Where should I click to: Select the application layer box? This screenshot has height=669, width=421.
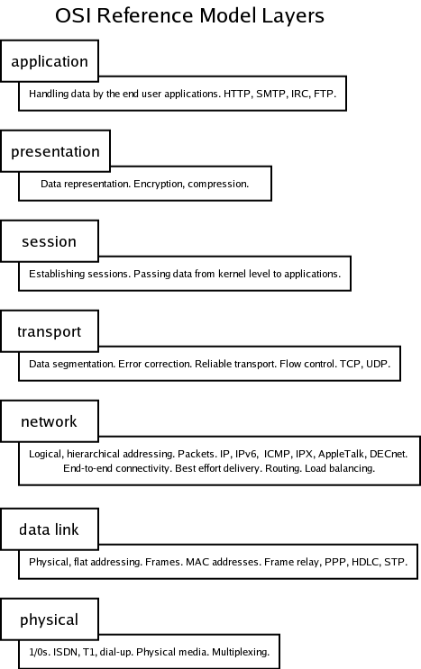[50, 61]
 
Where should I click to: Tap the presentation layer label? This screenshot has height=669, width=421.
[55, 152]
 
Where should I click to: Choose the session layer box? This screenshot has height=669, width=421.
[50, 241]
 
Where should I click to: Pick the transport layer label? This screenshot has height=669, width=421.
[49, 332]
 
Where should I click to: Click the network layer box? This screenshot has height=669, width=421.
[50, 421]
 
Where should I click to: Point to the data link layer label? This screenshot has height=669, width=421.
[49, 529]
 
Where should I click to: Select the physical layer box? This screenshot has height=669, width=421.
[50, 619]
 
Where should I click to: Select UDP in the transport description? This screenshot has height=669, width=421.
[378, 364]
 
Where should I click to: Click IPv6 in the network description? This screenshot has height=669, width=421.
[247, 454]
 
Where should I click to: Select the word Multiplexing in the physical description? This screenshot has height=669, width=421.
[241, 653]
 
